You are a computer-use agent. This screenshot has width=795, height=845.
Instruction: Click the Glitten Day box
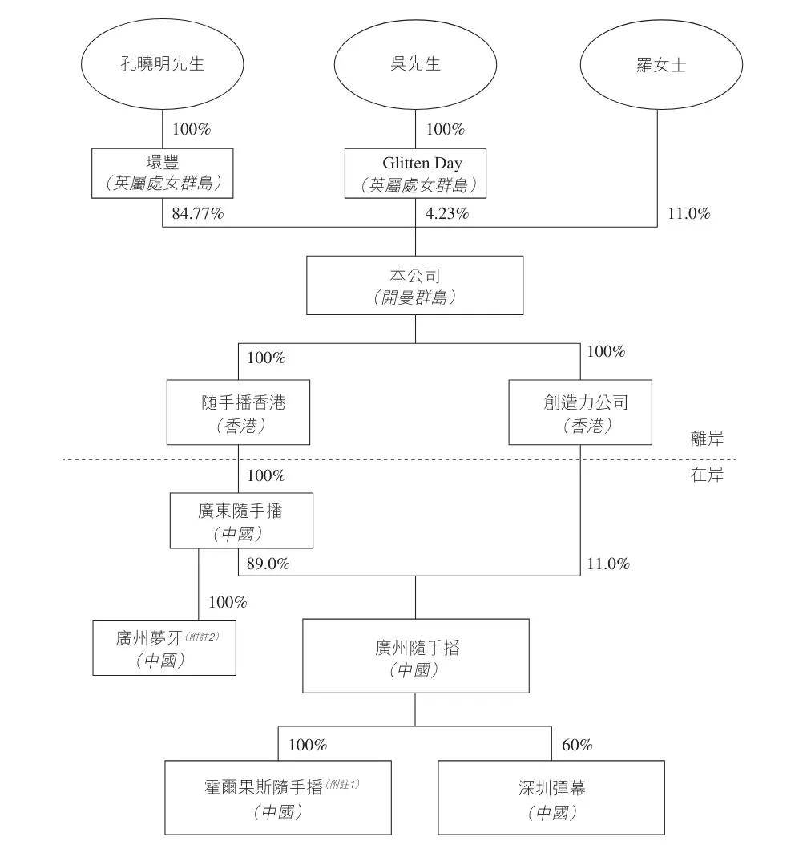(415, 173)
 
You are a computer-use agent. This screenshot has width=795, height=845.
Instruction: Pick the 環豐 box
(162, 173)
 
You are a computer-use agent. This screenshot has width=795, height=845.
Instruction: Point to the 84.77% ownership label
(198, 213)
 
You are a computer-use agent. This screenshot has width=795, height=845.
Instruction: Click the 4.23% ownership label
(447, 213)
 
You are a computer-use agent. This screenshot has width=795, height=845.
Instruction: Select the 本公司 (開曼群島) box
(415, 285)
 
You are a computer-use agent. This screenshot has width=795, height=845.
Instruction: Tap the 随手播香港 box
(238, 412)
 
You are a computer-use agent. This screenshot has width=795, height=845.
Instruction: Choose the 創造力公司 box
(580, 412)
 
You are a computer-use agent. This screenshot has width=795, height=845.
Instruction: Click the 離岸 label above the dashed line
(707, 439)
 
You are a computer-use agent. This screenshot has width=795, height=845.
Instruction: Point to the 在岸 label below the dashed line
(707, 475)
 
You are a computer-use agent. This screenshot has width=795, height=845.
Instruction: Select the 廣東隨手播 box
(241, 520)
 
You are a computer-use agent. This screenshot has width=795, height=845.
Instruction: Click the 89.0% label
(268, 564)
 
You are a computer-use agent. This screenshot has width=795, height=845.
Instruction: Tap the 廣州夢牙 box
(164, 648)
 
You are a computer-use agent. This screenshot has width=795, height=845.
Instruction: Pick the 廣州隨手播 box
(416, 656)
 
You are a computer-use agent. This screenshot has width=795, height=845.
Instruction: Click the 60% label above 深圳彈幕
(577, 745)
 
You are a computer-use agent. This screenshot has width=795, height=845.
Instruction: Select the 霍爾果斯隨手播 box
(278, 798)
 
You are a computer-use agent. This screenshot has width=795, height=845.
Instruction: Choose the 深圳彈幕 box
(551, 798)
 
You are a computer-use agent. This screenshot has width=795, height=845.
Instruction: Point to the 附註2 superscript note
(202, 637)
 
